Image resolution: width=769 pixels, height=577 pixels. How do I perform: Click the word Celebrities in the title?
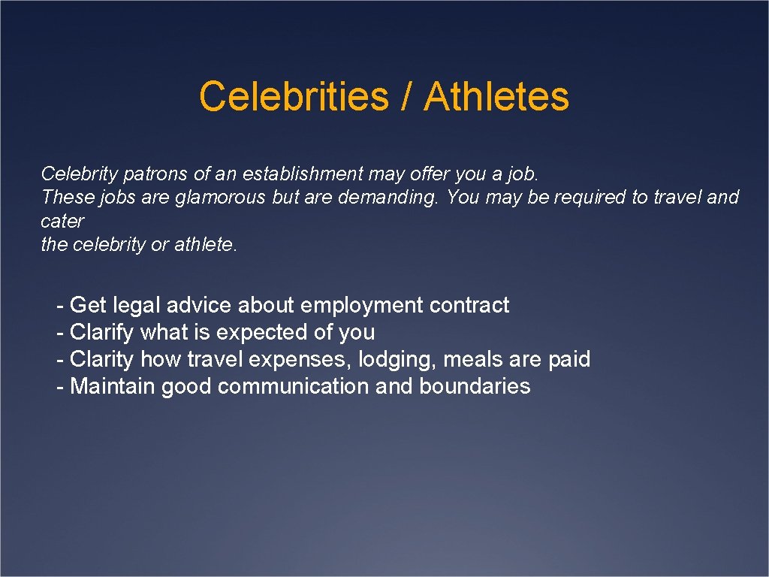293,97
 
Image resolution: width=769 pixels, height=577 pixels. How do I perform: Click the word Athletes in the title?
496,97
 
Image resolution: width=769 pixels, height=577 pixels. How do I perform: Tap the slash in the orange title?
406,97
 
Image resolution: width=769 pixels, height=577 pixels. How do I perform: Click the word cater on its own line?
62,222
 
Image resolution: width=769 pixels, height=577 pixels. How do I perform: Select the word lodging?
397,359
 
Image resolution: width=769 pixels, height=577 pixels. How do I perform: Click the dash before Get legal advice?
61,306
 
